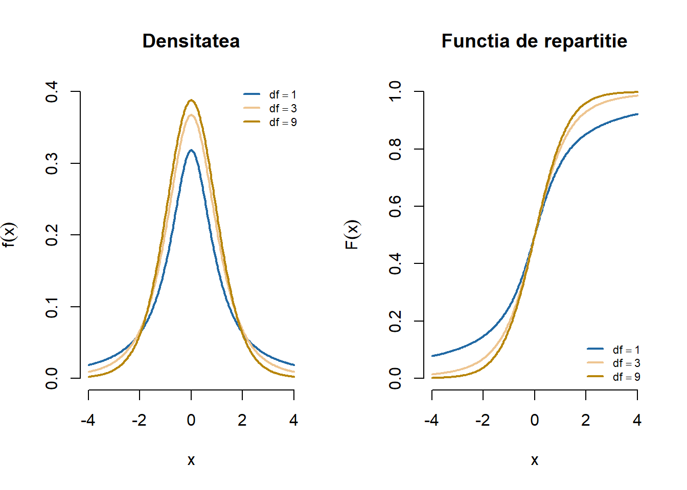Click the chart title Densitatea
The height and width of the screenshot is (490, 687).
191,41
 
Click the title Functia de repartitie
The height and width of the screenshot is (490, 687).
534,41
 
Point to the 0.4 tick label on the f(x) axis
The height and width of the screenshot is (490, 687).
52,92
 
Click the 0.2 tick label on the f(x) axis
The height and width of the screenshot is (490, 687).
52,235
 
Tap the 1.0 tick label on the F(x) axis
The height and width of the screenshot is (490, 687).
395,92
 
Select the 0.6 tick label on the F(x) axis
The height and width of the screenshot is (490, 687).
395,206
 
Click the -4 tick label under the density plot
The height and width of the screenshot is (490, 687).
88,420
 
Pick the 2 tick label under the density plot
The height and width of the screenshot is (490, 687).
242,420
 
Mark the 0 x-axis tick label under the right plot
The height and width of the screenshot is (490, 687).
534,420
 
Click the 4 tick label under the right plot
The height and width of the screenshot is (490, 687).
637,420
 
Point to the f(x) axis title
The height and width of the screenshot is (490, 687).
9,235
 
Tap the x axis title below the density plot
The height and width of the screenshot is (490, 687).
191,460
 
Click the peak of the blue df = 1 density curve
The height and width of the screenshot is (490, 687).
191,150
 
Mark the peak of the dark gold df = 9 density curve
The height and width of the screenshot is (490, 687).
191,100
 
